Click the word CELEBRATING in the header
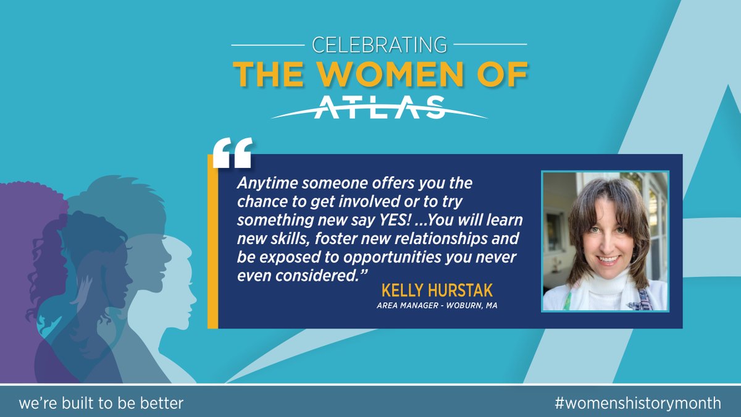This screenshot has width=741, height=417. [x=379, y=44]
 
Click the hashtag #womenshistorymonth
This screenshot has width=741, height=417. [x=637, y=403]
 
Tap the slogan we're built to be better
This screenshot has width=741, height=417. [x=101, y=403]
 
